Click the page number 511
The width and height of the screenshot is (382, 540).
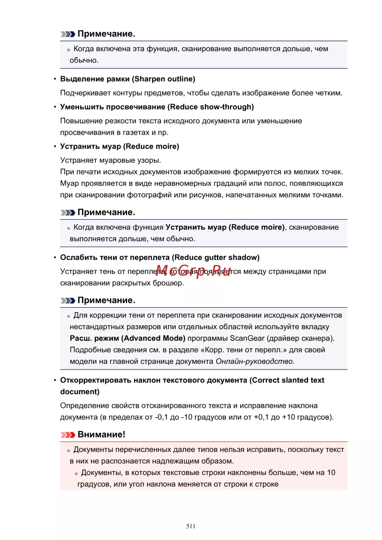[191, 526]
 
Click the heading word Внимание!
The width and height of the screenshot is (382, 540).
[101, 435]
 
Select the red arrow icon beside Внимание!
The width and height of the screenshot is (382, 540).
[68, 435]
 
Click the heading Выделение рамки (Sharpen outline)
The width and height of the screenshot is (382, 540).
[128, 79]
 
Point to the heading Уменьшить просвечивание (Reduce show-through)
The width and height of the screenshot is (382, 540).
[157, 107]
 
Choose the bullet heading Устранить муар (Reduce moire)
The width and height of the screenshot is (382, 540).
[120, 146]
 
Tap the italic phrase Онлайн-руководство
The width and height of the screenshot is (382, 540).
[254, 361]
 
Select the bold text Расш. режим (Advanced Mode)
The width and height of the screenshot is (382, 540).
[128, 338]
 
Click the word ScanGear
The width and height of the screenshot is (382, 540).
[247, 338]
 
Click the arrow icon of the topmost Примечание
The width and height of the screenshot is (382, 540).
[68, 34]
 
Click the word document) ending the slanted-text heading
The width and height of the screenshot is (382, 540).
[79, 392]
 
